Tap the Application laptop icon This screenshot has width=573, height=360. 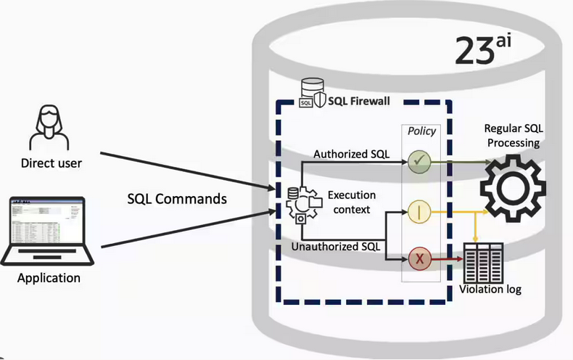coord(48,231)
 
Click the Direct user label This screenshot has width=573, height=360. coord(51,163)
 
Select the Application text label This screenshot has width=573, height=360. coord(49,278)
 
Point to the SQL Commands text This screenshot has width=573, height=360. coord(177,198)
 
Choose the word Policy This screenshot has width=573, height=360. coord(421,131)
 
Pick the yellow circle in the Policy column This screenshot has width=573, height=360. coord(420,212)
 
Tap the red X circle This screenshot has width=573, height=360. coord(420,258)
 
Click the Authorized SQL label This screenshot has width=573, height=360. coord(350,154)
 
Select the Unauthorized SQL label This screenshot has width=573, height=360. coord(335,247)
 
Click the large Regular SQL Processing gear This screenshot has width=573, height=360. coord(514,187)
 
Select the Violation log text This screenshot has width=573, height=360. coord(490,290)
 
